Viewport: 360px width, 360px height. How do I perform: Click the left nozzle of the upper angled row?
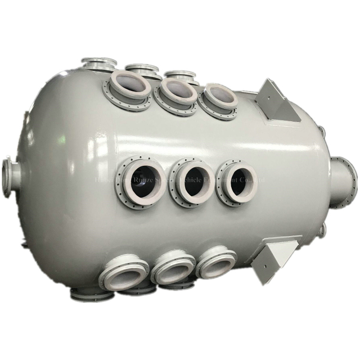tap(129, 88)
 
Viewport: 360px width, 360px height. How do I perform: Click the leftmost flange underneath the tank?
tap(90, 293)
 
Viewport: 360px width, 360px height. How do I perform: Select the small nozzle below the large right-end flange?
tap(322, 230)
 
